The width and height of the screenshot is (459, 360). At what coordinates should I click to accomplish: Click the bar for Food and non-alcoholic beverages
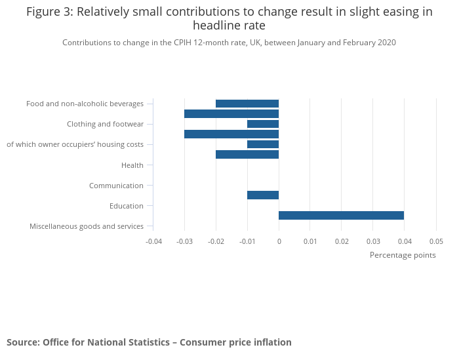[247, 104]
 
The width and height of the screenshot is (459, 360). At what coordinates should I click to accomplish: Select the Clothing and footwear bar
[263, 124]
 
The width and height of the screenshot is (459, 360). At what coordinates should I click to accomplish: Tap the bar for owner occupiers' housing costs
[263, 144]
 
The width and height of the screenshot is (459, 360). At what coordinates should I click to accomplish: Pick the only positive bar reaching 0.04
[341, 215]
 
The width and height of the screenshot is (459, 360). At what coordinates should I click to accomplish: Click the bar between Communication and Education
[263, 195]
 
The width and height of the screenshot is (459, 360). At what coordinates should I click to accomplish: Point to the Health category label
[132, 165]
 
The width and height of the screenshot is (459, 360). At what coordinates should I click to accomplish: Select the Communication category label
[116, 186]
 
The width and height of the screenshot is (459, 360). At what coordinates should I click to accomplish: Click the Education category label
[127, 206]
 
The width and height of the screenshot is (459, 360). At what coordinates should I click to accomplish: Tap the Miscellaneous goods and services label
[87, 226]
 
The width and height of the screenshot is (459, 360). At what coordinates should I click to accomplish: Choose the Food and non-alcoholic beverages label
[85, 104]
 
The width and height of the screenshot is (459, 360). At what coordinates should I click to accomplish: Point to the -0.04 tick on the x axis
[153, 241]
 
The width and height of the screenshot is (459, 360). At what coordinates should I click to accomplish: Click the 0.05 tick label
[436, 241]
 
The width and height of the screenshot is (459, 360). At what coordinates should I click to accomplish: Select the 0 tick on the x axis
[279, 241]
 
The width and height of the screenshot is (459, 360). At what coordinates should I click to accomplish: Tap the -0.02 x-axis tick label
[216, 241]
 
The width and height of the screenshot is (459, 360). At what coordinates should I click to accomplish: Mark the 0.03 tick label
[373, 241]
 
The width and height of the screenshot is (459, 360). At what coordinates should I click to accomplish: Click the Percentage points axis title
[403, 255]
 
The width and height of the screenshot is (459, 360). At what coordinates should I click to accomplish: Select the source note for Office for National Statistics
[149, 342]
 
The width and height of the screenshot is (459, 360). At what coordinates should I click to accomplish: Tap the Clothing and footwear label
[105, 124]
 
